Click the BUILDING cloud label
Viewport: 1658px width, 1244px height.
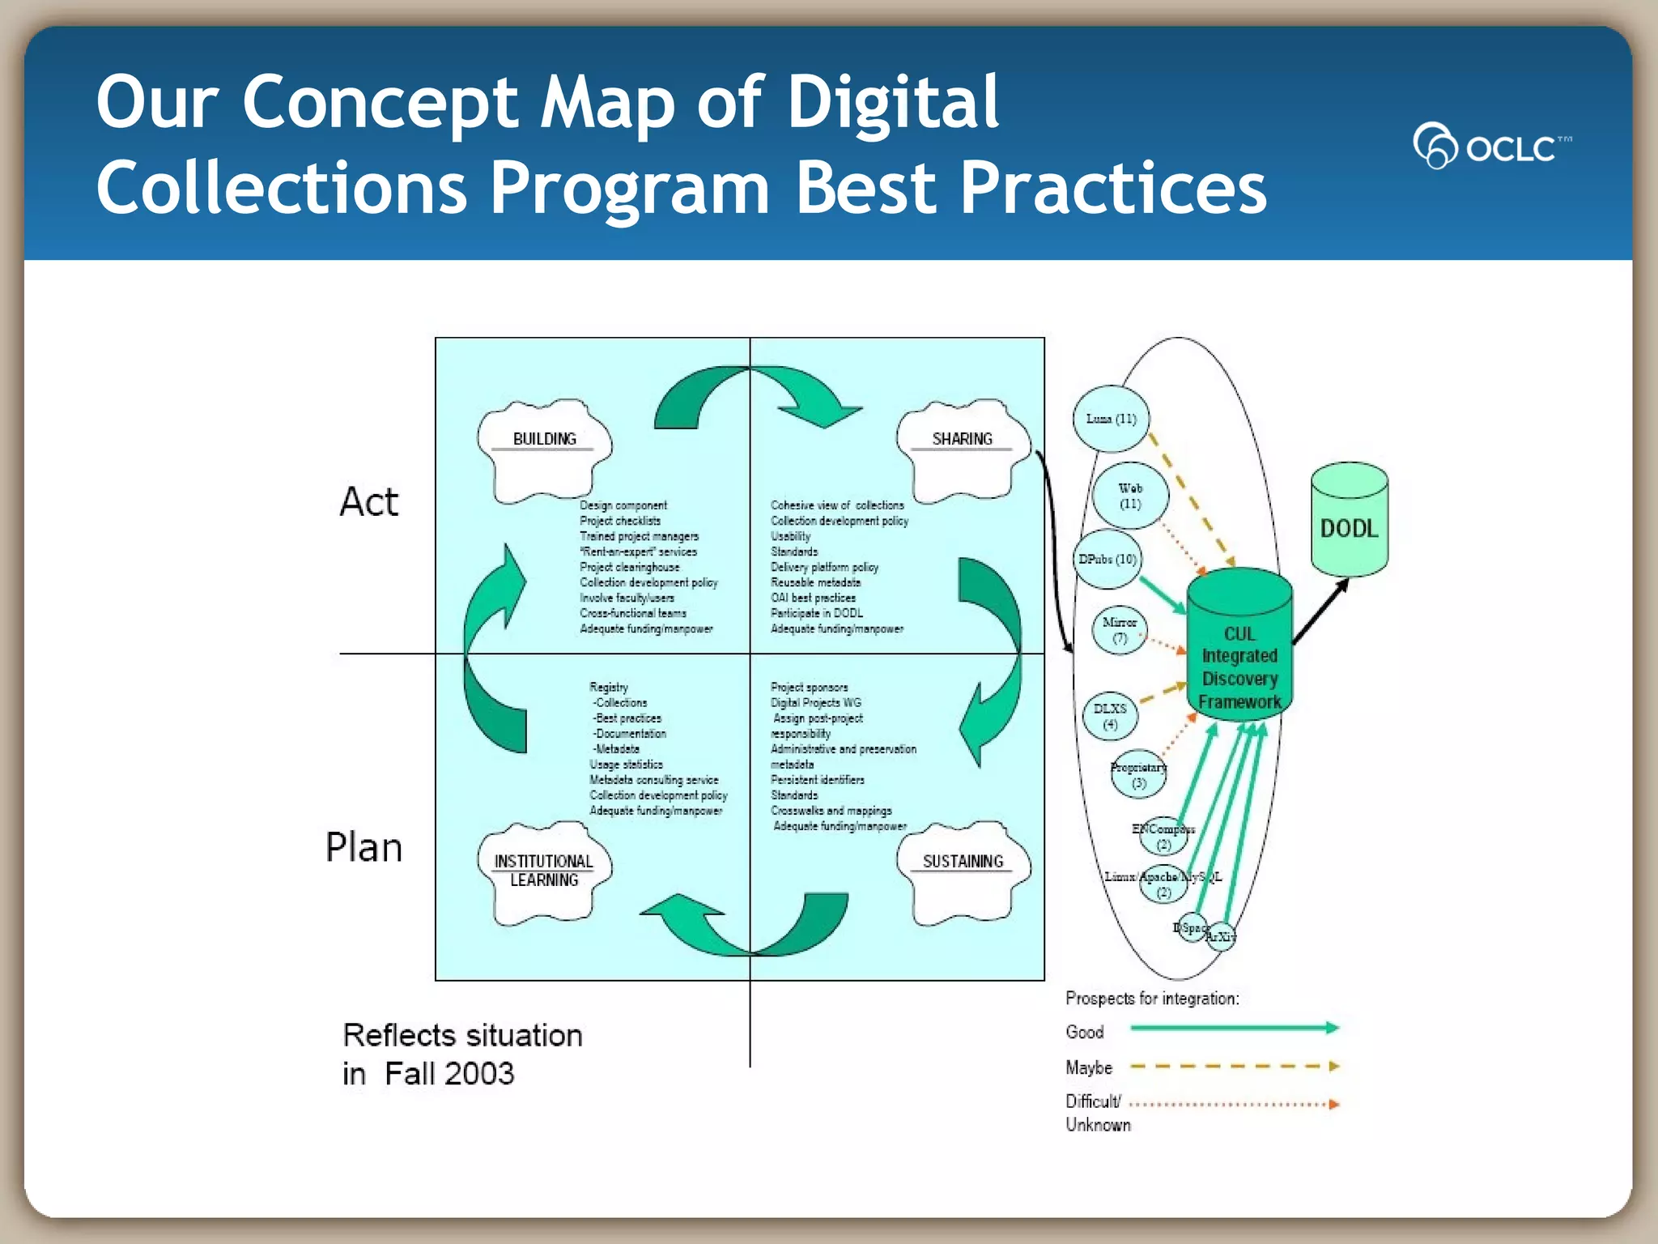pos(544,439)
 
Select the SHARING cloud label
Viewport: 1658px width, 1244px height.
pos(962,439)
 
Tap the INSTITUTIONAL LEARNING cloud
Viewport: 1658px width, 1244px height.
pos(544,871)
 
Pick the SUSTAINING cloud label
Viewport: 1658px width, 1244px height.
pos(963,862)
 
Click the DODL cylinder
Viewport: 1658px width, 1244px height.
pos(1349,522)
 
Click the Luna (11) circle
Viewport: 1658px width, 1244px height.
pos(1111,419)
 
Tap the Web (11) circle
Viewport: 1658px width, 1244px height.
pos(1130,496)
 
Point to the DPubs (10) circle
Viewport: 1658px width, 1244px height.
pos(1107,560)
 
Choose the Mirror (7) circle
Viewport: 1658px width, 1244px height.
pos(1120,630)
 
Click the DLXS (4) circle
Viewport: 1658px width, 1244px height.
pos(1110,716)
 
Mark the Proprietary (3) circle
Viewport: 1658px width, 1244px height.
pos(1139,774)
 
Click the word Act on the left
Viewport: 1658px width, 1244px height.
pos(369,502)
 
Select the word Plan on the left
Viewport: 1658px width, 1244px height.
pos(363,848)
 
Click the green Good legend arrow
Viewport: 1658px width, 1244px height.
pos(1234,1029)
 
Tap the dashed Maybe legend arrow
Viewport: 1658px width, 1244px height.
pos(1234,1067)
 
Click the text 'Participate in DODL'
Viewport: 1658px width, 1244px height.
pos(816,613)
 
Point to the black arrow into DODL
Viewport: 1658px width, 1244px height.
pos(1320,611)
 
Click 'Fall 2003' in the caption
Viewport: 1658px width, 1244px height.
pos(449,1074)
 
